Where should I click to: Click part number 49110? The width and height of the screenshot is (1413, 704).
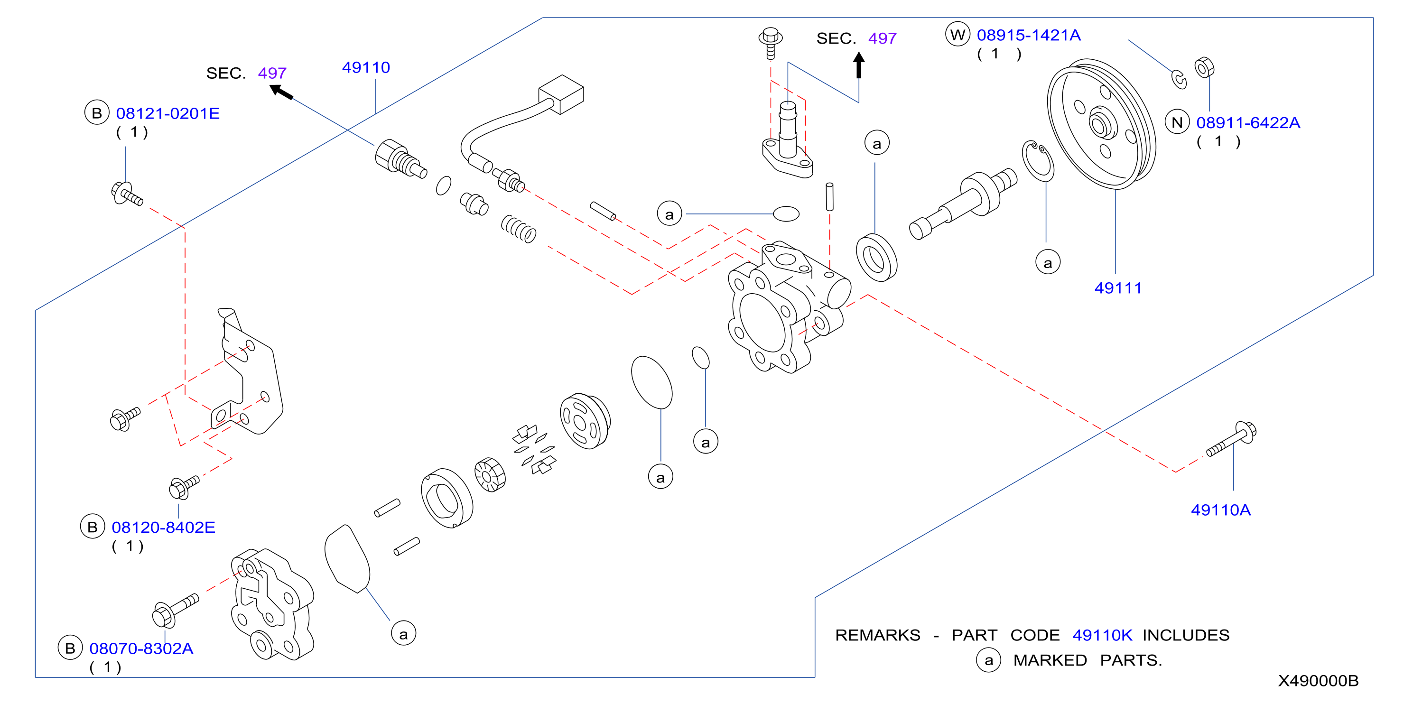coord(366,67)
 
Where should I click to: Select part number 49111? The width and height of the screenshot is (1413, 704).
coord(1118,288)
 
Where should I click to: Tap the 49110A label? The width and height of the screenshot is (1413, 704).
coord(1220,510)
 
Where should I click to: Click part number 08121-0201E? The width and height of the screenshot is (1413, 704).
coord(168,113)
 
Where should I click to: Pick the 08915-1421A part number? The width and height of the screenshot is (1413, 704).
coord(1029,35)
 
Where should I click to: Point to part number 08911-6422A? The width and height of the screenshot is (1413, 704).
coord(1248,123)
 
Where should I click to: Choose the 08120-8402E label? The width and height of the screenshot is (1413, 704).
coord(164,528)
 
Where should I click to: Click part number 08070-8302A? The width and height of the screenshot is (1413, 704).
coord(141,648)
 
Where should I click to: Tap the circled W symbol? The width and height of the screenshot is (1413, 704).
coord(957,35)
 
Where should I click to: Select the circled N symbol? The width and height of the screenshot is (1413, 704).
coord(1177,122)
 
